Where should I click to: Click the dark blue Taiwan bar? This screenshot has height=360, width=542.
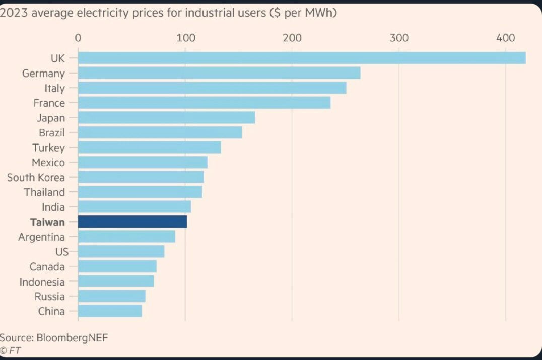pyautogui.click(x=132, y=222)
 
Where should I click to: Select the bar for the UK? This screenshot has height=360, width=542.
pyautogui.click(x=302, y=58)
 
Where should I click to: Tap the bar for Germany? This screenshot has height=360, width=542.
pyautogui.click(x=219, y=73)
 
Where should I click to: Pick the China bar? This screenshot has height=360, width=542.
pyautogui.click(x=110, y=311)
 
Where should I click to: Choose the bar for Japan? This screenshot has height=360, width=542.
pyautogui.click(x=166, y=117)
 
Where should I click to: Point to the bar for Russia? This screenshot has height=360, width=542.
pyautogui.click(x=112, y=296)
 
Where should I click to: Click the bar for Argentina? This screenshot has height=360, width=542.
pyautogui.click(x=126, y=237)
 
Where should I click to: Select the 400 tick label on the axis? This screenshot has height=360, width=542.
pyautogui.click(x=505, y=38)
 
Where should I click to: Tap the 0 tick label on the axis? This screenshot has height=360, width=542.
pyautogui.click(x=78, y=38)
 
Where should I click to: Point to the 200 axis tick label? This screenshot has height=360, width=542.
pyautogui.click(x=292, y=38)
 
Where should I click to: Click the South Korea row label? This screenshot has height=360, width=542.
pyautogui.click(x=36, y=178)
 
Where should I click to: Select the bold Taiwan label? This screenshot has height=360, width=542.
pyautogui.click(x=47, y=222)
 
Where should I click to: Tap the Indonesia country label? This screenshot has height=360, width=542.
pyautogui.click(x=42, y=282)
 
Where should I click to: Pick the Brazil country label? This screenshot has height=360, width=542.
pyautogui.click(x=52, y=132)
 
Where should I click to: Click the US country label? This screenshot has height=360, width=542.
pyautogui.click(x=62, y=252)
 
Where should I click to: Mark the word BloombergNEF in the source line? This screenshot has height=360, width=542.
pyautogui.click(x=72, y=337)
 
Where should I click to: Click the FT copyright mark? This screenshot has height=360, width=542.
pyautogui.click(x=11, y=350)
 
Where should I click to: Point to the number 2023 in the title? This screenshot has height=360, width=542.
pyautogui.click(x=14, y=13)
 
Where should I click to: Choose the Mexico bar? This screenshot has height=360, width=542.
pyautogui.click(x=143, y=162)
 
